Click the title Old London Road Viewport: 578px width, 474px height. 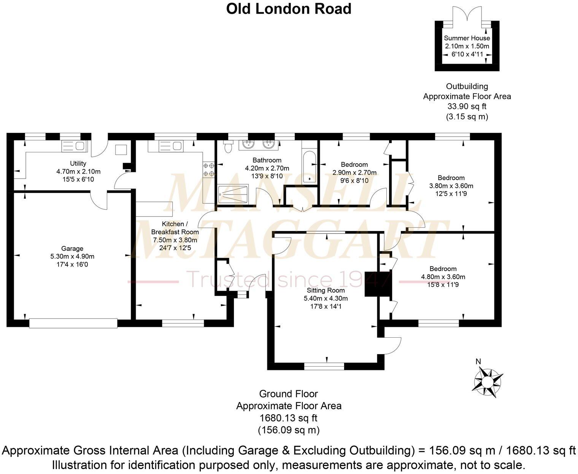(x=289, y=9)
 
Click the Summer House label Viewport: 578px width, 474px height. (x=467, y=38)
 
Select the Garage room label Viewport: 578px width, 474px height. (x=72, y=248)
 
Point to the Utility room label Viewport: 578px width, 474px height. (x=78, y=163)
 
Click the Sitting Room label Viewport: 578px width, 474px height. (x=326, y=290)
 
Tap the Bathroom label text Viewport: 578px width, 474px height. (x=267, y=160)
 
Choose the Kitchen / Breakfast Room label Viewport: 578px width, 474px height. (x=175, y=228)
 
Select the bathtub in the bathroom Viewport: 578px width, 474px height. (x=310, y=167)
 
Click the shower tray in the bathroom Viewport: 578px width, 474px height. (x=233, y=194)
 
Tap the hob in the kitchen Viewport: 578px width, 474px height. (x=208, y=170)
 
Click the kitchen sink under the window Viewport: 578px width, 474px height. (x=170, y=146)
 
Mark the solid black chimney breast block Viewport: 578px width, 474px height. (x=378, y=284)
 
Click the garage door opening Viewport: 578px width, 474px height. (x=73, y=323)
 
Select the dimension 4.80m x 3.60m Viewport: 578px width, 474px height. (x=443, y=277)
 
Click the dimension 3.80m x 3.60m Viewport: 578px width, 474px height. (x=451, y=185)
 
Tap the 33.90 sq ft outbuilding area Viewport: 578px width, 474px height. (x=467, y=106)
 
